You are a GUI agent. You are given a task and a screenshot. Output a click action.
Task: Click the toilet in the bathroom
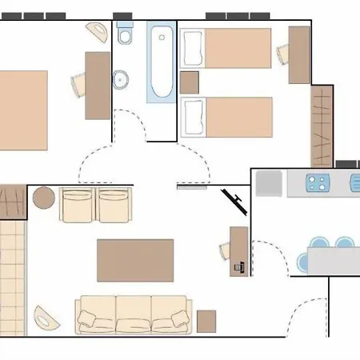[x=126, y=34]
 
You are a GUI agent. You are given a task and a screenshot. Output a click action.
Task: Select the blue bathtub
[x=160, y=62]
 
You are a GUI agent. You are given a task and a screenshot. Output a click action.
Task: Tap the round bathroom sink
[x=122, y=79]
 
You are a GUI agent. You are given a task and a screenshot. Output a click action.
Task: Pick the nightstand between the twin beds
[x=190, y=82]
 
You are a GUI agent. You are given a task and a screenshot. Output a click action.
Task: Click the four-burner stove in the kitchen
[x=318, y=183]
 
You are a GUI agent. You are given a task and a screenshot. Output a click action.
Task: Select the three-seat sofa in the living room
[x=133, y=314]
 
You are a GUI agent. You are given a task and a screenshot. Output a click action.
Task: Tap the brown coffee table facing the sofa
[x=135, y=260]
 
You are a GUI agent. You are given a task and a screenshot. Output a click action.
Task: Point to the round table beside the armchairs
[x=43, y=197]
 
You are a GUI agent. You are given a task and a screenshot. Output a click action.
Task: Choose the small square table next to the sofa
[x=207, y=321]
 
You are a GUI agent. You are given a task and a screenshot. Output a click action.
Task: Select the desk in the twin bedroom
[x=298, y=54]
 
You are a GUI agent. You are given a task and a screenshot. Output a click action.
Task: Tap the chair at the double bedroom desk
[x=79, y=83]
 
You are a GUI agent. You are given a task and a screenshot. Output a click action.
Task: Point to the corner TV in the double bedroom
[x=98, y=33]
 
